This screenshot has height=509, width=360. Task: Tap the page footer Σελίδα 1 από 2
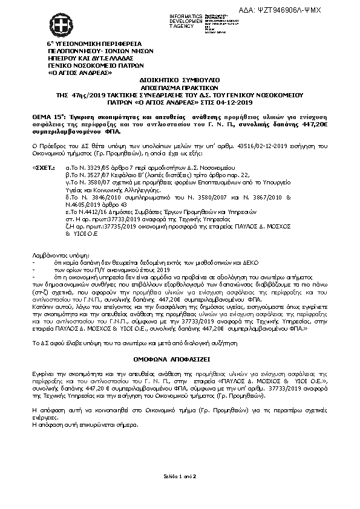coord(180,476)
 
